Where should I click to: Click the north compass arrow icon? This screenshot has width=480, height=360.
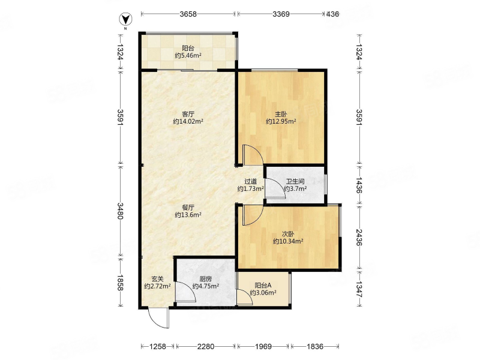tap(125, 20)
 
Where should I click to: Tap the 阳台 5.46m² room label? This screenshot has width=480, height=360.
tap(188, 52)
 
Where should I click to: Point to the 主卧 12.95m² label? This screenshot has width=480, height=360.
tap(281, 118)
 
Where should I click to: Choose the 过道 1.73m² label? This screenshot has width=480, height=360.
tap(251, 185)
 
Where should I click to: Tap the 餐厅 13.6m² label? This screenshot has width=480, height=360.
tap(188, 211)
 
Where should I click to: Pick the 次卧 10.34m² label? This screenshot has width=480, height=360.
tap(288, 238)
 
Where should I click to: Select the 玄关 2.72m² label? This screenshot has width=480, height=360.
tap(158, 283)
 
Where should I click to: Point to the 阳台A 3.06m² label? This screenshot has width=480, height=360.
tap(263, 289)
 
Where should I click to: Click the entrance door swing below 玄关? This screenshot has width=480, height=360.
tap(158, 318)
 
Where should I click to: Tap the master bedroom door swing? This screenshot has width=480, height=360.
tap(253, 155)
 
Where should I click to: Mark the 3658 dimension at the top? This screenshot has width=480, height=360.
tap(188, 14)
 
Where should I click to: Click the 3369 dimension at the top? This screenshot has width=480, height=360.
tap(281, 14)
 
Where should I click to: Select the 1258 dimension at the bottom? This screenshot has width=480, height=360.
tap(157, 347)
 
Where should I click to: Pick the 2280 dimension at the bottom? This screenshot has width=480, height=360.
tap(206, 347)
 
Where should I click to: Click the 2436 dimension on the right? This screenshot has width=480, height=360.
tap(359, 238)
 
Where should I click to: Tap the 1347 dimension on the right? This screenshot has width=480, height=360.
tap(359, 289)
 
